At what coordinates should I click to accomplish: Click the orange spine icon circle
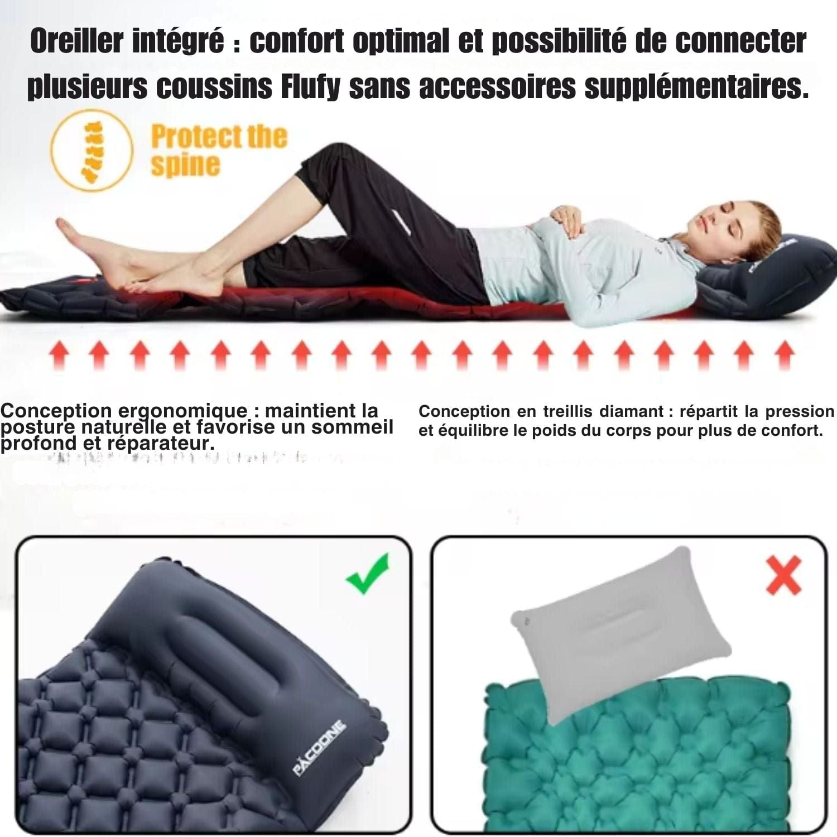(x=92, y=150)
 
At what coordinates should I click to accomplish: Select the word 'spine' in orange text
(x=185, y=165)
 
